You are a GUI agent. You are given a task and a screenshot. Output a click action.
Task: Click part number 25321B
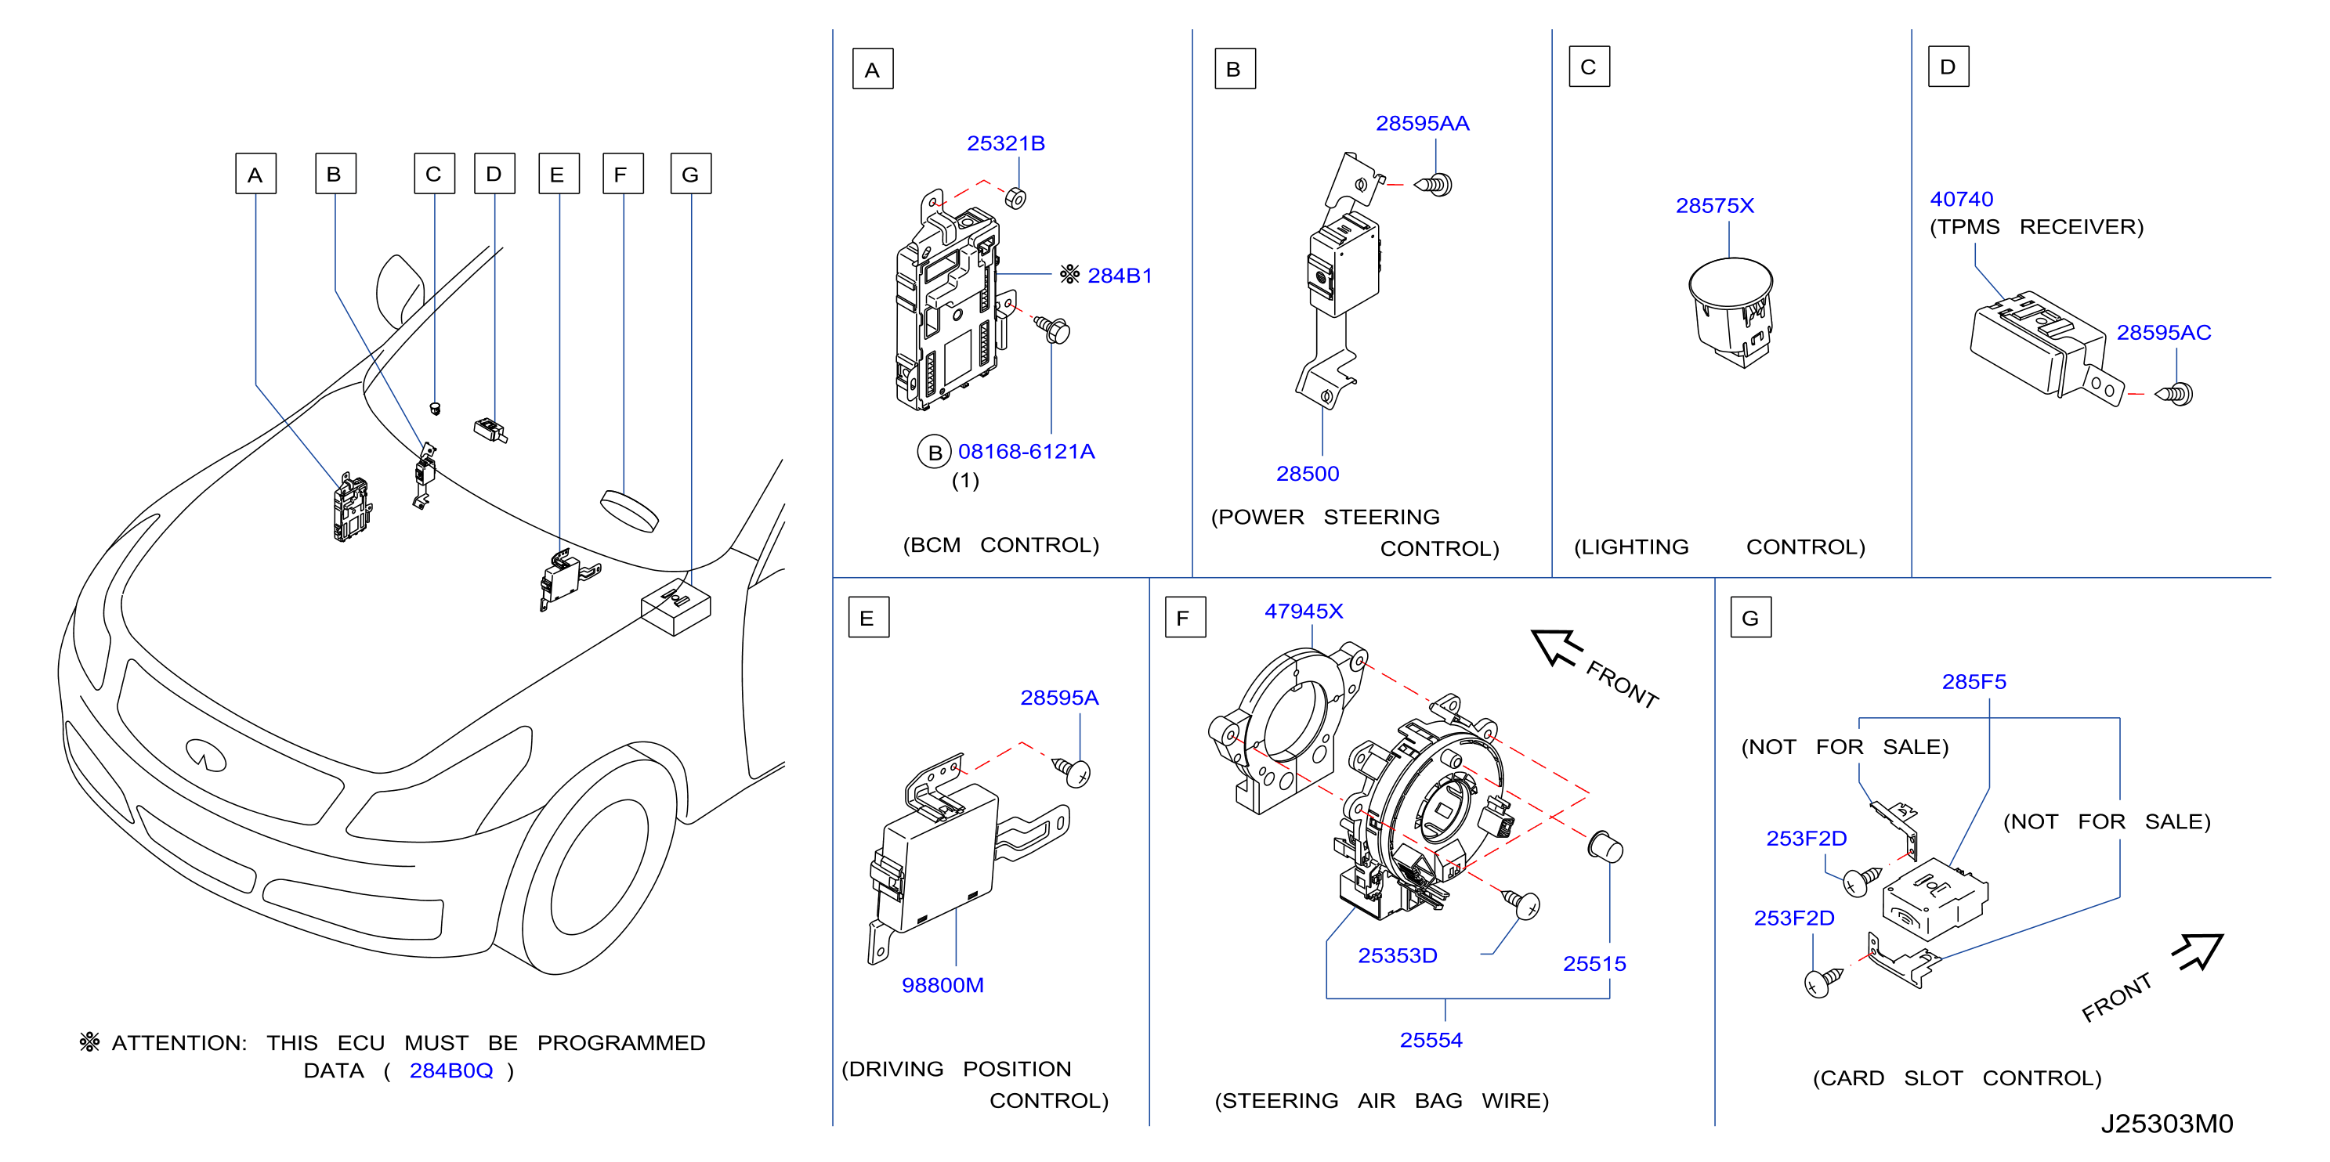point(1005,144)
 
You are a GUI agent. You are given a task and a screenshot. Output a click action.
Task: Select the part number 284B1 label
point(1119,276)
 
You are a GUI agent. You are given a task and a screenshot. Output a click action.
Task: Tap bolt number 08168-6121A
point(1026,451)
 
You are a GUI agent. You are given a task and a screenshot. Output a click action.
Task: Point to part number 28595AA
point(1422,124)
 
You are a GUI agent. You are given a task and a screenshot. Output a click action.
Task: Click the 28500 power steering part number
point(1307,474)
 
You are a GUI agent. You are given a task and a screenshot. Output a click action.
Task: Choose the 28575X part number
point(1714,206)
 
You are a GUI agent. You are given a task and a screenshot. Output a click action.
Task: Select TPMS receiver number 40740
point(1961,200)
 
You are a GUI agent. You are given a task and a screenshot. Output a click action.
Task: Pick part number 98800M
point(942,986)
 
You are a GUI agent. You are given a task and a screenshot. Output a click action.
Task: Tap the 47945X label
point(1304,612)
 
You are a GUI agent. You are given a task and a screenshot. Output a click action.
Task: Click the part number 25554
point(1431,1041)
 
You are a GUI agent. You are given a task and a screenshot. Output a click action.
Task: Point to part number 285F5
point(1974,682)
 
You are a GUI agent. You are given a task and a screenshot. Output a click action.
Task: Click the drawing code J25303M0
point(2166,1124)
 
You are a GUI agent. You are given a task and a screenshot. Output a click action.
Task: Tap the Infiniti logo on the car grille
point(205,754)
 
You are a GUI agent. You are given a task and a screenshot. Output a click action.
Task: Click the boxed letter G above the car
point(690,175)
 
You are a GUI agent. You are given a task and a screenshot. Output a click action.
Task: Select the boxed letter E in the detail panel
point(868,618)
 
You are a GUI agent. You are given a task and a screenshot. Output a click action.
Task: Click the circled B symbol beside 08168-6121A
point(935,452)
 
